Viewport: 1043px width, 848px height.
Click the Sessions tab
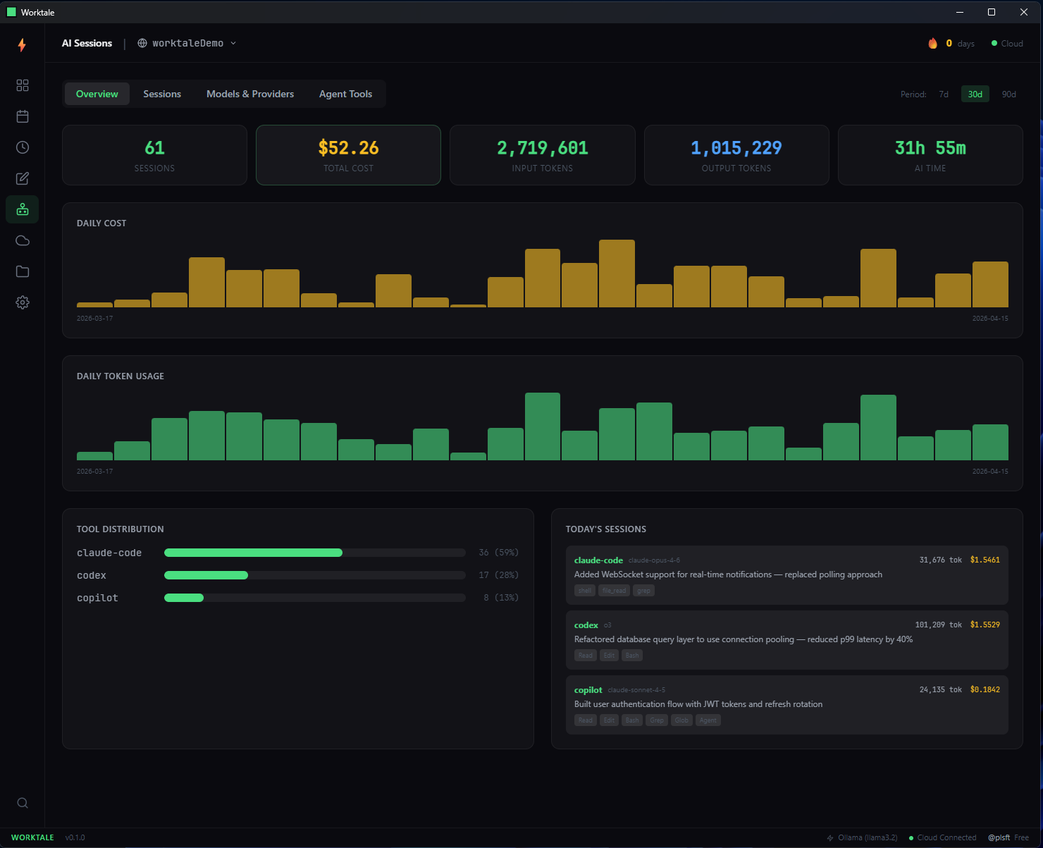pyautogui.click(x=162, y=94)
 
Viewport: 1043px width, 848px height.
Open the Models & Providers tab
pyautogui.click(x=250, y=94)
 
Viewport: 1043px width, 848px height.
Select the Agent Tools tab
pyautogui.click(x=345, y=94)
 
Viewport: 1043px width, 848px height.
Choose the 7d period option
pyautogui.click(x=944, y=94)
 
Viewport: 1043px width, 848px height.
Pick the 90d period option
pyautogui.click(x=1009, y=94)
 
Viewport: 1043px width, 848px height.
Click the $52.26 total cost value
pyautogui.click(x=348, y=148)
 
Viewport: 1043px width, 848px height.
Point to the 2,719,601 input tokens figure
pyautogui.click(x=542, y=148)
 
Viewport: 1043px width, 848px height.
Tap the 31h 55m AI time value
pyautogui.click(x=930, y=148)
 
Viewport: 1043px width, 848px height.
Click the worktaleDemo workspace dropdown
pyautogui.click(x=187, y=43)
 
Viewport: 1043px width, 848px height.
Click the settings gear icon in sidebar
pyautogui.click(x=23, y=302)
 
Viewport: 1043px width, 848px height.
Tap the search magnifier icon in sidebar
pyautogui.click(x=23, y=803)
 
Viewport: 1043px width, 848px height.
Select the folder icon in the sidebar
pyautogui.click(x=23, y=271)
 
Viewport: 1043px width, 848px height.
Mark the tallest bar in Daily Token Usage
pyautogui.click(x=543, y=426)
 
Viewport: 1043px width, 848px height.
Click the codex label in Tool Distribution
pyautogui.click(x=92, y=575)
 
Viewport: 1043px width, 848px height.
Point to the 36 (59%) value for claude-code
pyautogui.click(x=498, y=553)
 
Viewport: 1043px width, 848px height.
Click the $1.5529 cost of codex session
pyautogui.click(x=985, y=625)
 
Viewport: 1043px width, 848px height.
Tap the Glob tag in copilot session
pyautogui.click(x=681, y=720)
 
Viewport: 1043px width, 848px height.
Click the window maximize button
pyautogui.click(x=992, y=12)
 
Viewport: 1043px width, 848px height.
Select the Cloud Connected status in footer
pyautogui.click(x=946, y=837)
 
